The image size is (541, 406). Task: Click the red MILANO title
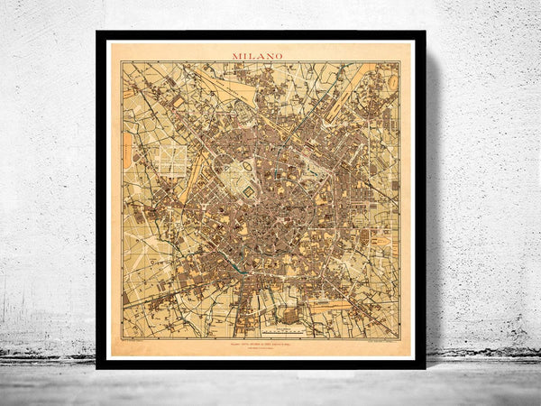257,56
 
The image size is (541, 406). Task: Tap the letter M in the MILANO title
237,56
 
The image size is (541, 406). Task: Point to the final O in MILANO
278,56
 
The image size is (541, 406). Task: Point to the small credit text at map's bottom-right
376,344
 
